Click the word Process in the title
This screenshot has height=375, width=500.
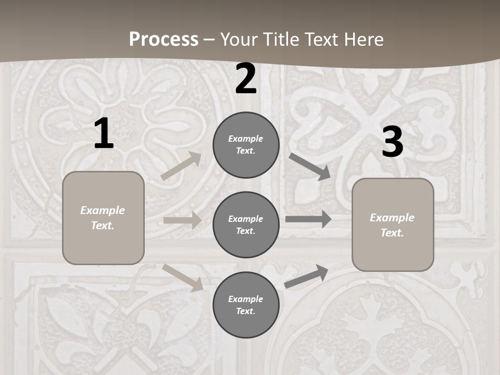tap(164, 39)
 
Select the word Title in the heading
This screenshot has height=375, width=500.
tap(278, 39)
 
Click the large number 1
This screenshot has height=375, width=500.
tap(104, 134)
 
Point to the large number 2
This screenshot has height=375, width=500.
tap(246, 79)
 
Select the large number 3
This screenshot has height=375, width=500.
tap(392, 142)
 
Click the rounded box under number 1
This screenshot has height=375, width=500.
tap(103, 218)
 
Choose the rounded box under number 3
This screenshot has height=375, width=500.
tap(393, 225)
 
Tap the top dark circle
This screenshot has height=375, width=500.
tap(246, 145)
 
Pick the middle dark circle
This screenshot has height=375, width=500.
tap(246, 224)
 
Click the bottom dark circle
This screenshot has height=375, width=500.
tap(246, 305)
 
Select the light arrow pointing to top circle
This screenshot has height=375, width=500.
tap(181, 166)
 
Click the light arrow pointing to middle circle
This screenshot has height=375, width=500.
tap(182, 220)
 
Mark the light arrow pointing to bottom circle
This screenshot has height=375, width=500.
tap(183, 278)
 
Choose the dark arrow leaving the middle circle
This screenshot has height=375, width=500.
tap(308, 219)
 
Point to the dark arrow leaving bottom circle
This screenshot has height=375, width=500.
tap(306, 277)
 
